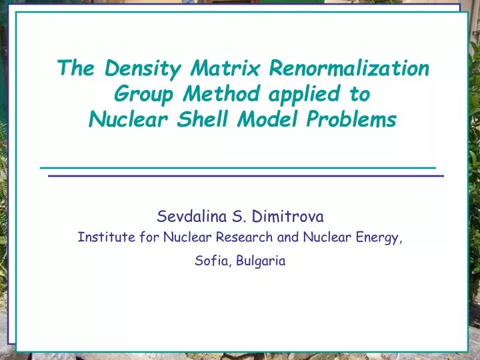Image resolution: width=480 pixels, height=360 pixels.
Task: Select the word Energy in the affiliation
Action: coord(381,237)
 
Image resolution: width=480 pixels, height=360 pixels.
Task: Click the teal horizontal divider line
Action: coord(237,166)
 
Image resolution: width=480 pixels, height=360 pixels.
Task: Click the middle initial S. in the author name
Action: coord(237,215)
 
